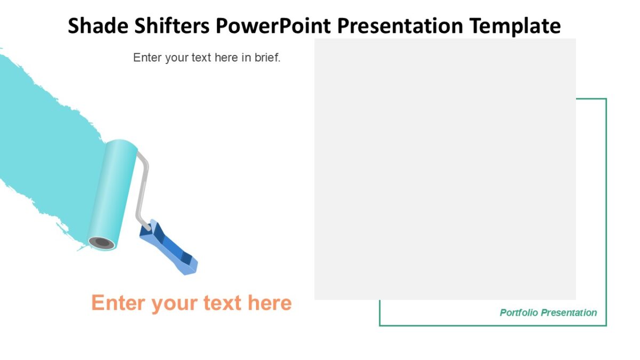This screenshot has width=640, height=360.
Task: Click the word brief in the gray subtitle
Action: click(267, 58)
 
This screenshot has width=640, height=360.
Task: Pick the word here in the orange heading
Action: click(269, 303)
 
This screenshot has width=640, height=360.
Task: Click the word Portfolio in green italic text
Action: click(520, 313)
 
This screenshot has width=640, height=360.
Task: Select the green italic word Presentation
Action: click(570, 313)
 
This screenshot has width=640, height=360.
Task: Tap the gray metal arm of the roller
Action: click(142, 187)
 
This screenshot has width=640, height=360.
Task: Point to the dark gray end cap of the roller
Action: click(101, 243)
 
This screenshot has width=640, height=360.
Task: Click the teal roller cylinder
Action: click(113, 192)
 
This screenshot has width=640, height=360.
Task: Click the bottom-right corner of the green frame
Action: click(606, 325)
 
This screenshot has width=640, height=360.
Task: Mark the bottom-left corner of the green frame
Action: click(380, 325)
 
